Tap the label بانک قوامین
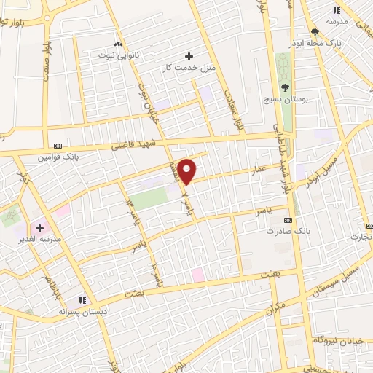tap(58, 157)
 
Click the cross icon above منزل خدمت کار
tap(189, 56)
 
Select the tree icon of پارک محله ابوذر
tap(315, 32)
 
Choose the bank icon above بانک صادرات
tap(288, 219)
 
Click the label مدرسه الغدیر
tap(36, 239)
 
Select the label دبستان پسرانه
tap(84, 311)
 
